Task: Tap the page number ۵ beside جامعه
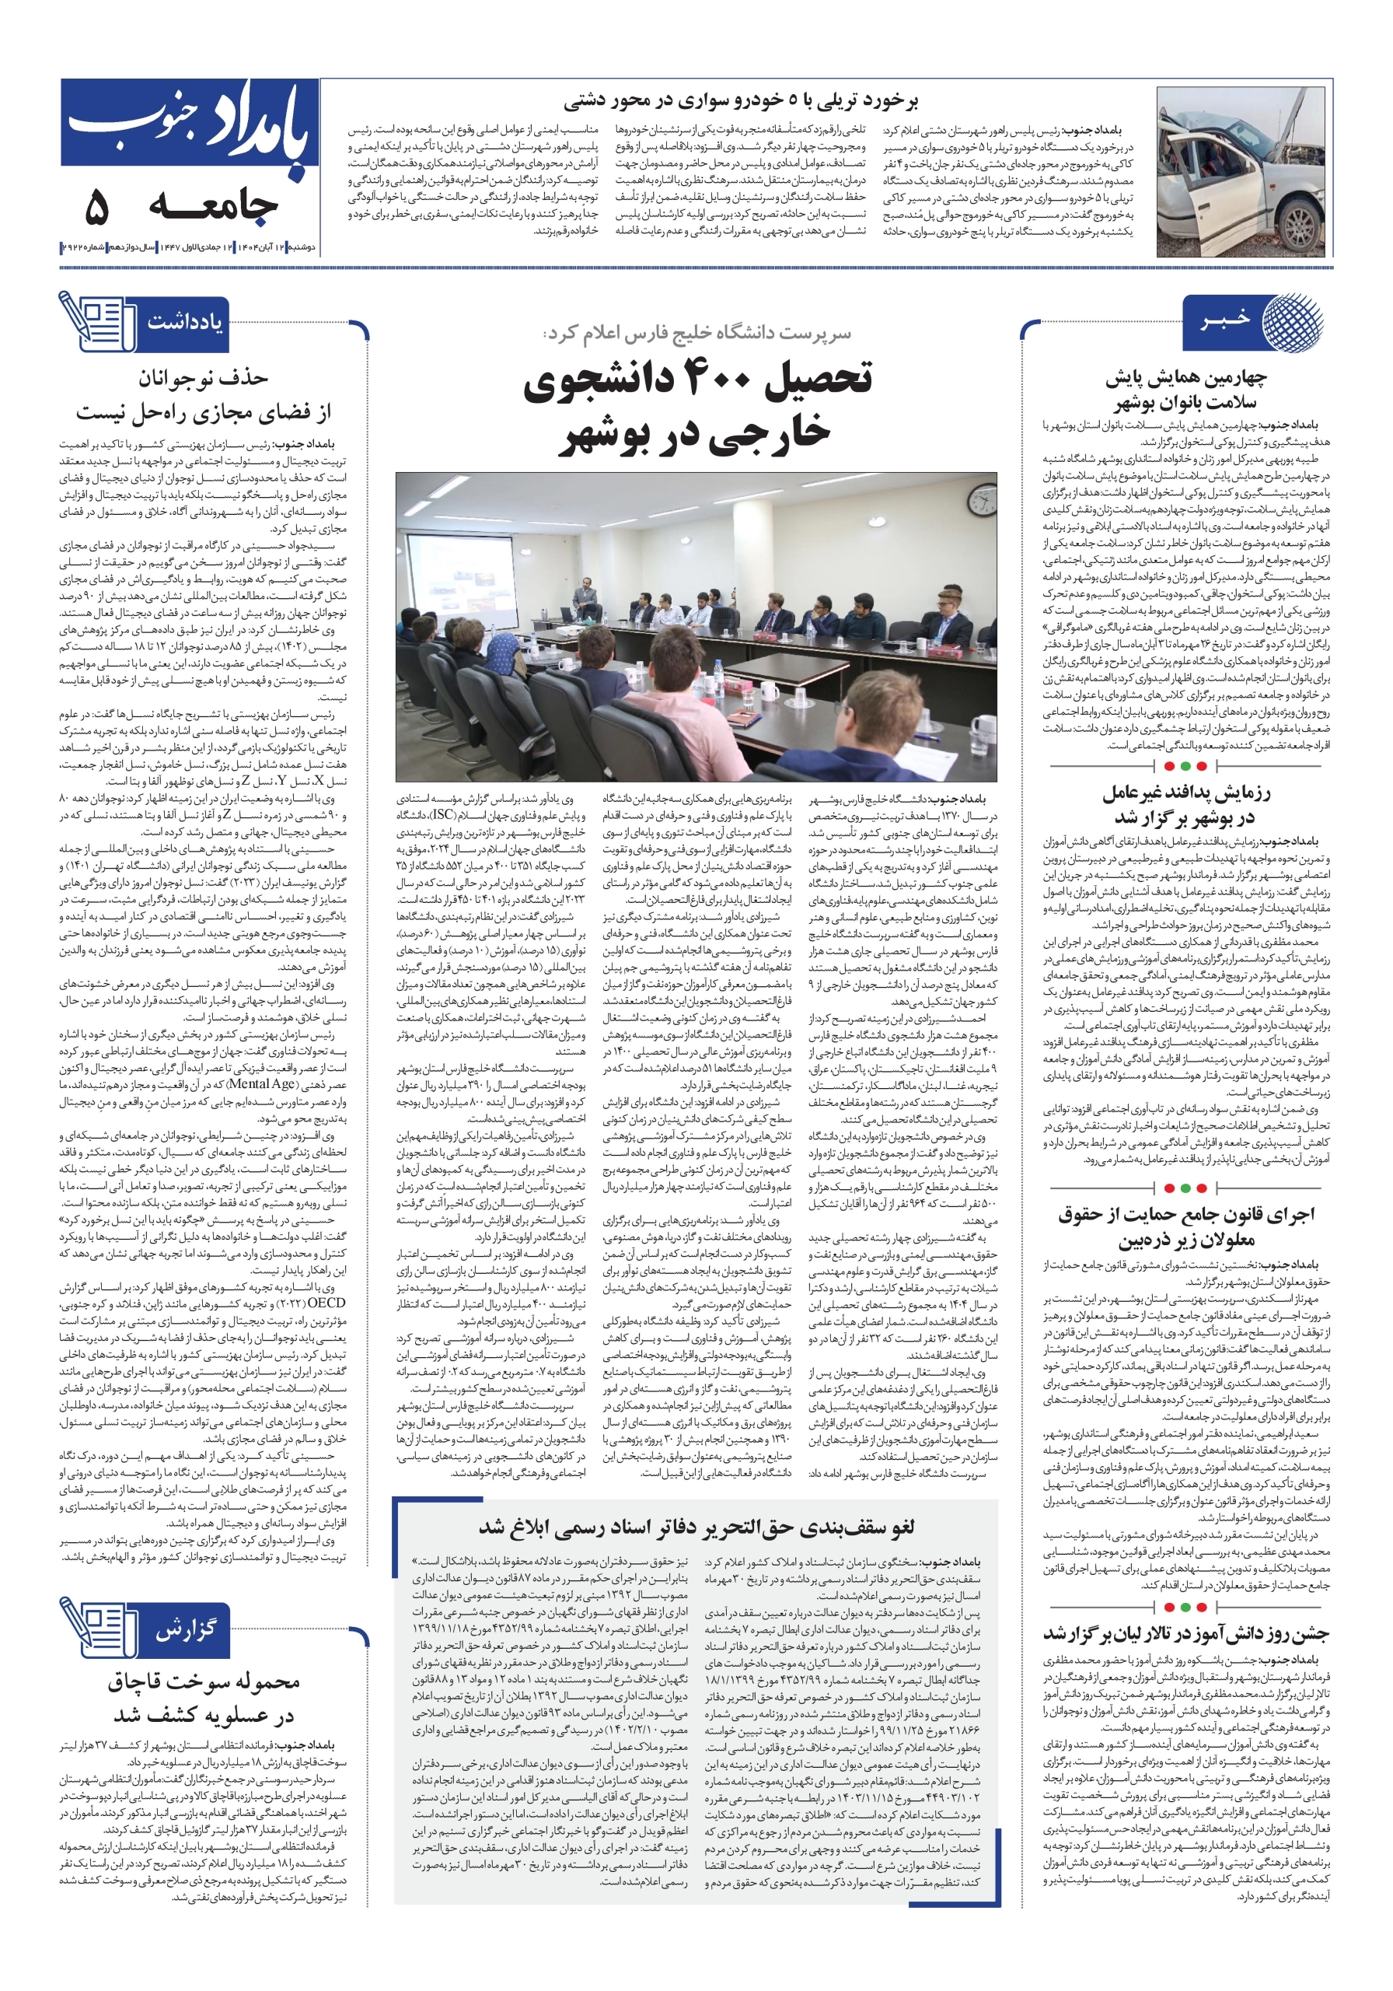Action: (x=96, y=207)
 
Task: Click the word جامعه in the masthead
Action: (x=213, y=205)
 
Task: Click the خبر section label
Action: (x=1225, y=321)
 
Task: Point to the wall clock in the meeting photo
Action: (x=982, y=500)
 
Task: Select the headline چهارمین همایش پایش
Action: (x=1185, y=390)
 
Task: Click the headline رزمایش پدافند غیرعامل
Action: (x=1185, y=804)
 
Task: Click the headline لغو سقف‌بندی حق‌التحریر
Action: (x=696, y=1525)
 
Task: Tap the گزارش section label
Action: (x=186, y=1630)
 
